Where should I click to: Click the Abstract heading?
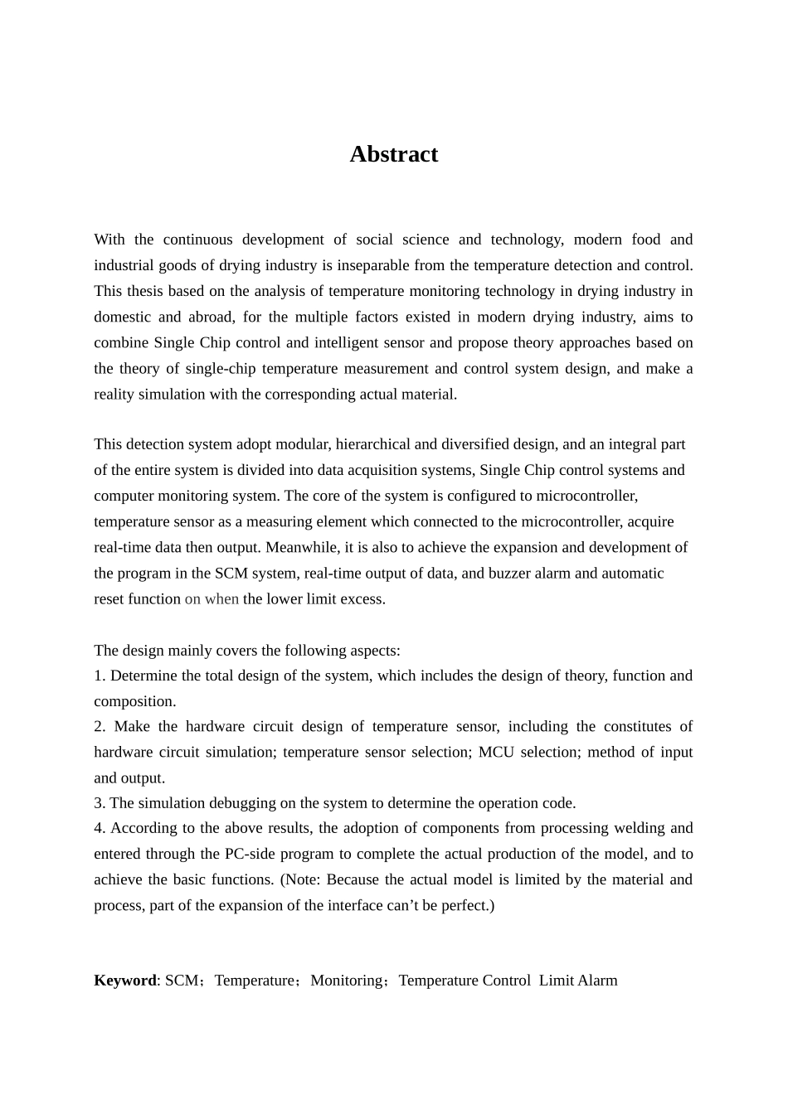(x=393, y=154)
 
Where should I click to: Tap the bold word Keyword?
(x=124, y=981)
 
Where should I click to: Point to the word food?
(x=646, y=240)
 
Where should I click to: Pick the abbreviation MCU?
(x=496, y=752)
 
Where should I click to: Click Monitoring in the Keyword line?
(x=346, y=981)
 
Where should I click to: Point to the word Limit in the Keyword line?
(x=556, y=981)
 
